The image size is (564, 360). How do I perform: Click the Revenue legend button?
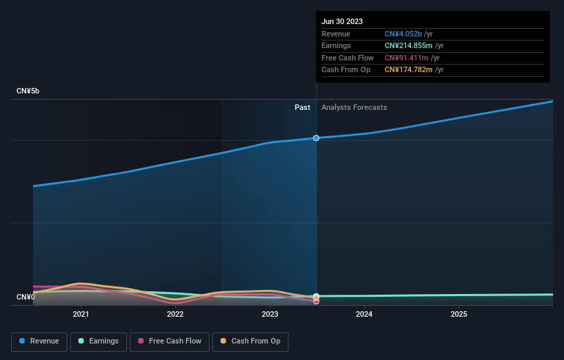point(40,341)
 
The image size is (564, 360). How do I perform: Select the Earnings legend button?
point(98,341)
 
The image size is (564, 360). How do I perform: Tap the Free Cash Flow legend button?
point(169,341)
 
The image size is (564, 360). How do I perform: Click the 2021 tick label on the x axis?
point(81,315)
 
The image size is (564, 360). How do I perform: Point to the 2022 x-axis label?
point(175,315)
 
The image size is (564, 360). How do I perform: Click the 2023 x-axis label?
point(270,315)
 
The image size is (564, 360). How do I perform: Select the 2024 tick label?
point(364,315)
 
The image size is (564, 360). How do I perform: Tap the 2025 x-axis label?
point(459,315)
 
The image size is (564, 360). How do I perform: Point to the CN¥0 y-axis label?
point(25,297)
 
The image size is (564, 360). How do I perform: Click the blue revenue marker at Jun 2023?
point(316,138)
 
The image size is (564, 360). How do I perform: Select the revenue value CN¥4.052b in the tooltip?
point(403,34)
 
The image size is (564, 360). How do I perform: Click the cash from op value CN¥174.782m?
point(409,70)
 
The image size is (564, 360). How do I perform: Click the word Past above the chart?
point(302,107)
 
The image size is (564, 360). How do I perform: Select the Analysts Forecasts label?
point(354,107)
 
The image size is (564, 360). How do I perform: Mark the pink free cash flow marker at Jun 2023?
point(316,301)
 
